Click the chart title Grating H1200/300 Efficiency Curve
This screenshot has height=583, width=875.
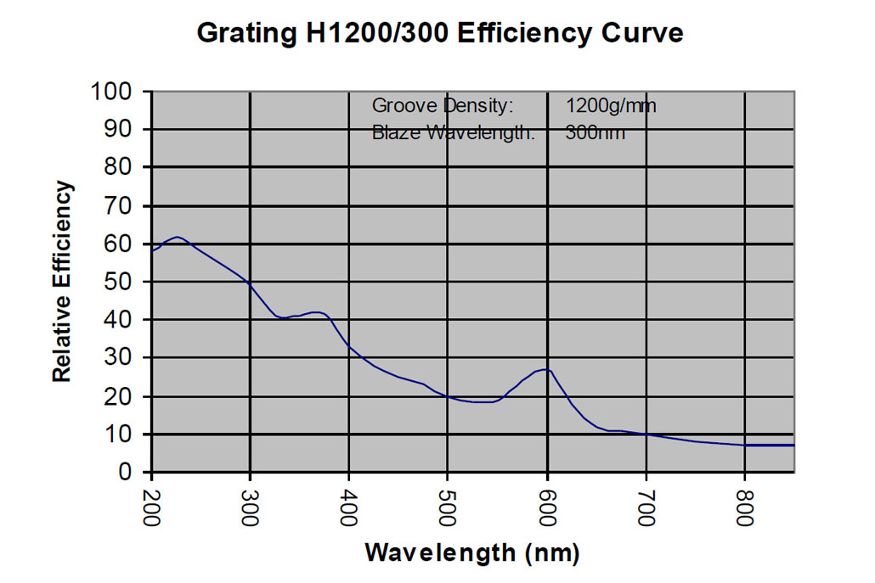440,33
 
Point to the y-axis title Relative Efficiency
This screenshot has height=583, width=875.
62,282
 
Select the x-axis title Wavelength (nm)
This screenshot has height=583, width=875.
472,553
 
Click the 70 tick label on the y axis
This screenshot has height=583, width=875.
124,205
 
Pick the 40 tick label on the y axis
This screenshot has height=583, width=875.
124,320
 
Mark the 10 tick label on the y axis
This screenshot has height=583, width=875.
124,434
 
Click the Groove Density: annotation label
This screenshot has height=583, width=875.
443,106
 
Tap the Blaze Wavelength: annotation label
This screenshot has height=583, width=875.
454,132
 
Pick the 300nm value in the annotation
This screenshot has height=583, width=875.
595,132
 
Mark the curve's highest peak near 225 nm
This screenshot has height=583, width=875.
177,237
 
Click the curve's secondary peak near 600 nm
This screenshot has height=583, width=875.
545,369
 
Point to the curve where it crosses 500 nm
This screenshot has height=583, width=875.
448,396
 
